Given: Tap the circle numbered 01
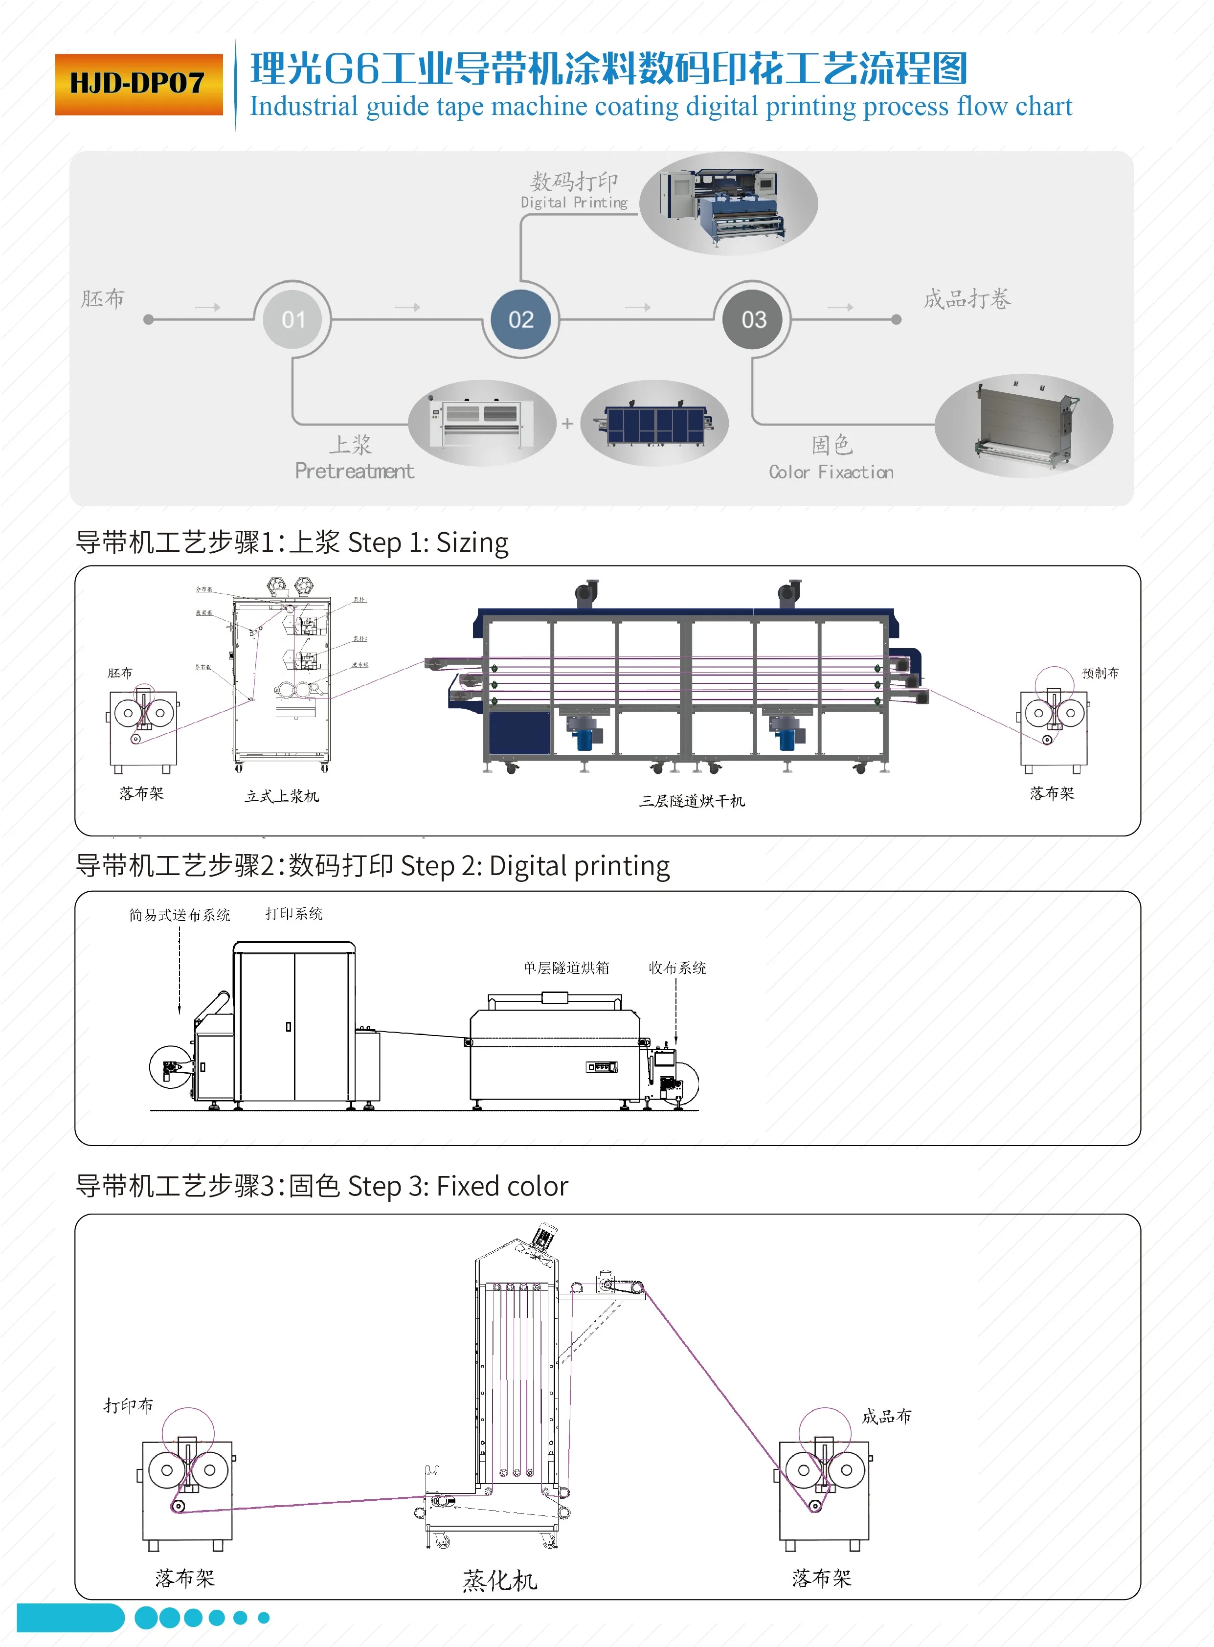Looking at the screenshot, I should point(293,320).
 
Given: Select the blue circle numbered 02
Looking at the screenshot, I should point(521,320).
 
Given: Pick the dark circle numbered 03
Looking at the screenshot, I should point(753,320).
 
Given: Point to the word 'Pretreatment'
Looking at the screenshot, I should point(354,471).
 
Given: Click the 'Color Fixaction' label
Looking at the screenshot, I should point(831,472).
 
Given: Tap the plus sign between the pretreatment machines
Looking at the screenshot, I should point(567,423).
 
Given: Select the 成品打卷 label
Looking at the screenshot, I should point(967,299).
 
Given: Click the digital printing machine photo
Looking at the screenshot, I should point(727,203).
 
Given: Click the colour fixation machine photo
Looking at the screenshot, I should point(1024,426).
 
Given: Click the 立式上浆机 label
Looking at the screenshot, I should point(281,796).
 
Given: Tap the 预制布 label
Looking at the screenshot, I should point(1100,673).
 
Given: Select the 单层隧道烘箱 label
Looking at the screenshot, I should point(566,968).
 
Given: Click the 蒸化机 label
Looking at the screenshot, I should point(500,1579).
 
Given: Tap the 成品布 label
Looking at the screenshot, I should point(886,1416).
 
